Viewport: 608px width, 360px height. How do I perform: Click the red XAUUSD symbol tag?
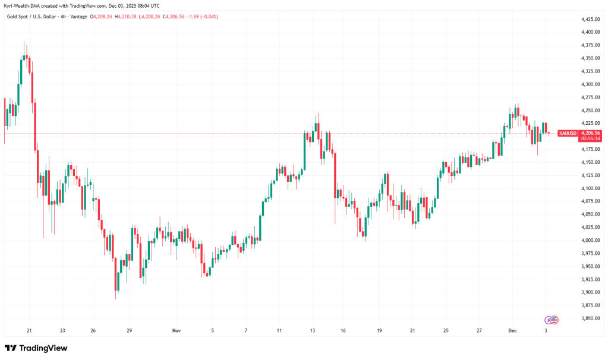tap(568, 133)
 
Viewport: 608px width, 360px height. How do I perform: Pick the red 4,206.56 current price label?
tap(591, 133)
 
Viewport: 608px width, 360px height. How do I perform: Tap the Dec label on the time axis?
tap(512, 330)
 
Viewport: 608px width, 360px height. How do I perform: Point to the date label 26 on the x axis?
tap(93, 330)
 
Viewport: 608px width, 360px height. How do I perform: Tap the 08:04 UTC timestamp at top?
tap(146, 5)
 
